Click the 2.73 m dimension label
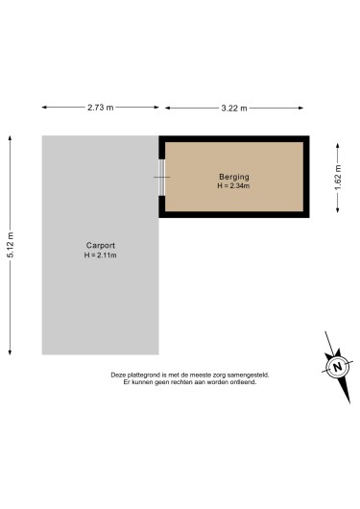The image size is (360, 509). pos(101,108)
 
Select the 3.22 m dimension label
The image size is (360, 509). pos(233,108)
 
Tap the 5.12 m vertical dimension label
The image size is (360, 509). pos(11,246)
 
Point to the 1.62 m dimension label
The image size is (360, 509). pos(337,180)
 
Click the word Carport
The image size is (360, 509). pos(100,246)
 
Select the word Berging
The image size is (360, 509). pos(233,177)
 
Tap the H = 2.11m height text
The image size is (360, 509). pos(100,255)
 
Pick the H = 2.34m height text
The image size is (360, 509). pos(233,185)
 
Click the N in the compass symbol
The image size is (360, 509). pos(337,368)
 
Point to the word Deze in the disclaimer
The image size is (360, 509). pos(119,375)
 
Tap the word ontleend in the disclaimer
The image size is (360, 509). pos(243,382)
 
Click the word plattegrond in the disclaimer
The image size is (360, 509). pos(148,375)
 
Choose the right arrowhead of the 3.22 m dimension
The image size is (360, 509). pos(307,108)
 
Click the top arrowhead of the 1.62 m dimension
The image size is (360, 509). pos(337,139)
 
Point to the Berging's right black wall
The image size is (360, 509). pos(308,177)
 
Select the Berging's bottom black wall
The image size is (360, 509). pos(233,216)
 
